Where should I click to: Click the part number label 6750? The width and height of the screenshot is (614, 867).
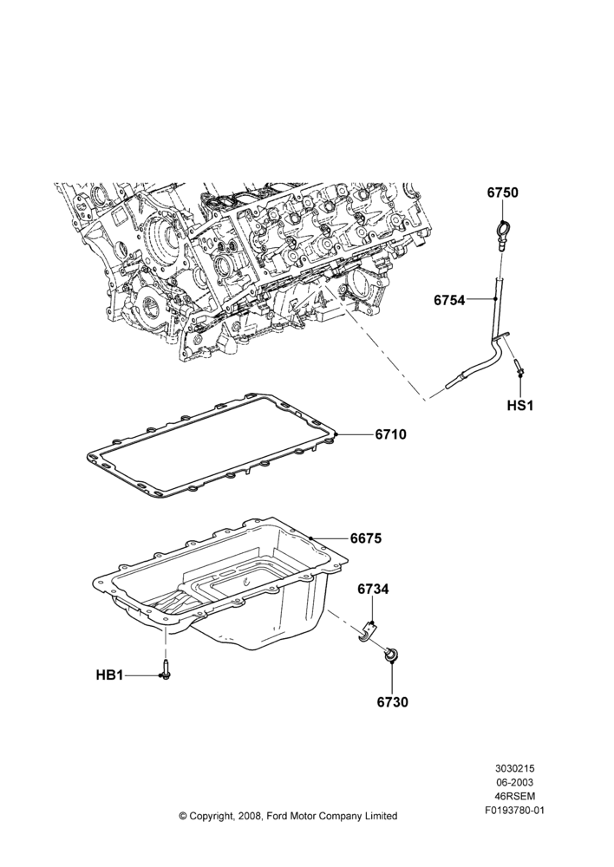pyautogui.click(x=502, y=192)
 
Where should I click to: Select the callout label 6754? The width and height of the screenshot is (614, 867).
pyautogui.click(x=449, y=300)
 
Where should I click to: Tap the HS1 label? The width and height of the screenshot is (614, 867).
pyautogui.click(x=520, y=405)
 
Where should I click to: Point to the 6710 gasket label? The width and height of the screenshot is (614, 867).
pyautogui.click(x=390, y=434)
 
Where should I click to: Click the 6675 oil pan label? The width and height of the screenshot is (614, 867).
pyautogui.click(x=366, y=538)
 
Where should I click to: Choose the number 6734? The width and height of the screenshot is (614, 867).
pyautogui.click(x=373, y=590)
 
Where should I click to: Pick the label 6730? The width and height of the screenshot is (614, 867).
pyautogui.click(x=392, y=702)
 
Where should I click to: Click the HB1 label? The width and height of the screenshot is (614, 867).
pyautogui.click(x=109, y=675)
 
